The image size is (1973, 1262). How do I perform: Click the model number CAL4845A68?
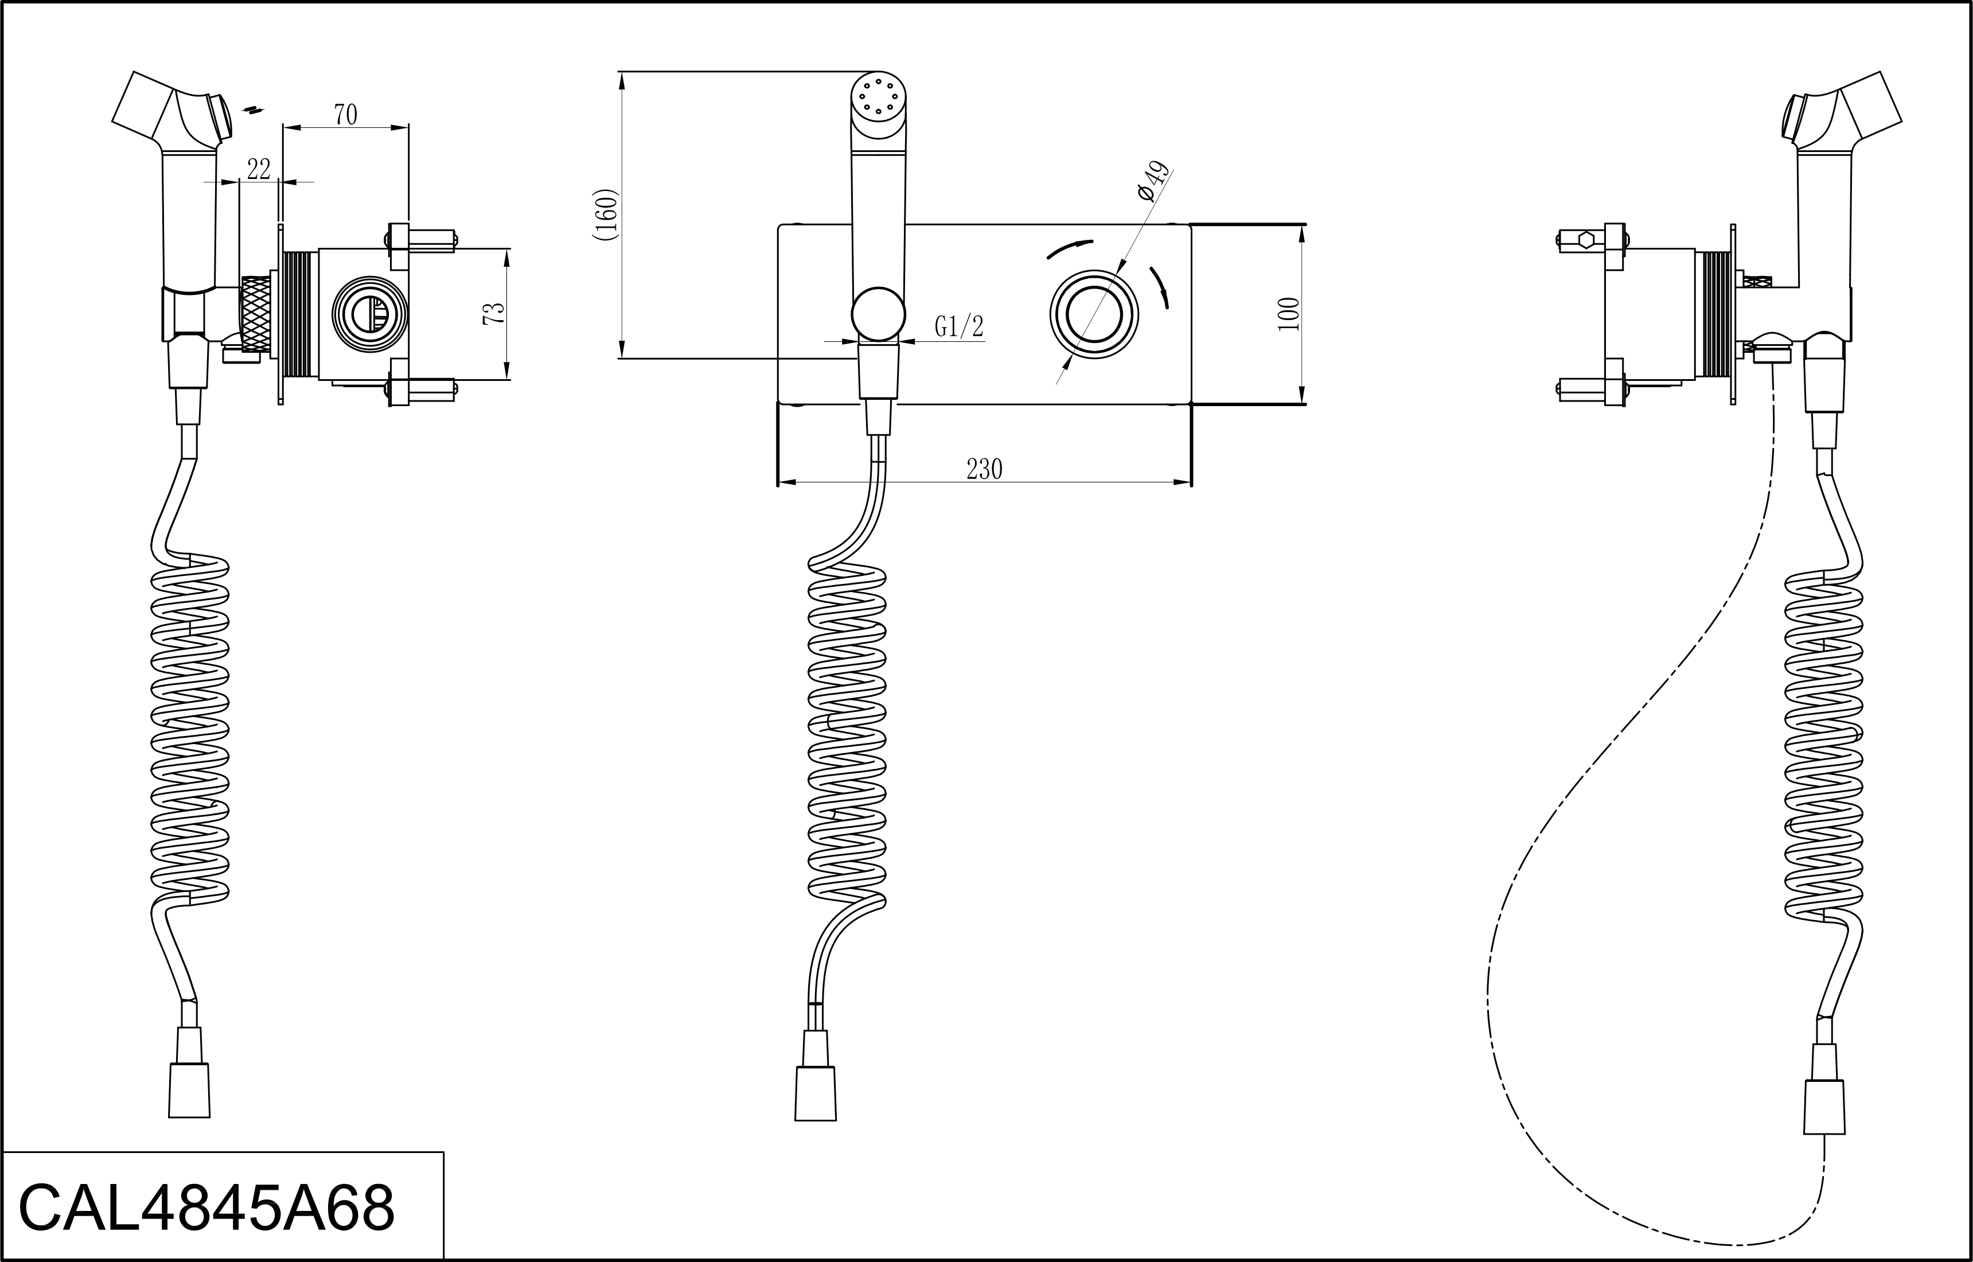[x=206, y=1208]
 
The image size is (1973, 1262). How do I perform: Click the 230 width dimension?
[x=984, y=470]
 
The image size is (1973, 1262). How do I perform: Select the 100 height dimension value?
[x=1289, y=314]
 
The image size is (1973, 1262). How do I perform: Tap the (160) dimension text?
[x=606, y=215]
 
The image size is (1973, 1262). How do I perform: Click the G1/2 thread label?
[x=958, y=327]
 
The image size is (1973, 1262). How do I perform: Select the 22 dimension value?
[x=259, y=170]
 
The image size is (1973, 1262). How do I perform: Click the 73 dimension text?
[x=494, y=314]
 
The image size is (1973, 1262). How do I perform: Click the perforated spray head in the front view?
[x=878, y=98]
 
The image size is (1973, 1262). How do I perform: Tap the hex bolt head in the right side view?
[x=1585, y=239]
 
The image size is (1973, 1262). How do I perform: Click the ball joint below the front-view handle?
[x=878, y=313]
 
